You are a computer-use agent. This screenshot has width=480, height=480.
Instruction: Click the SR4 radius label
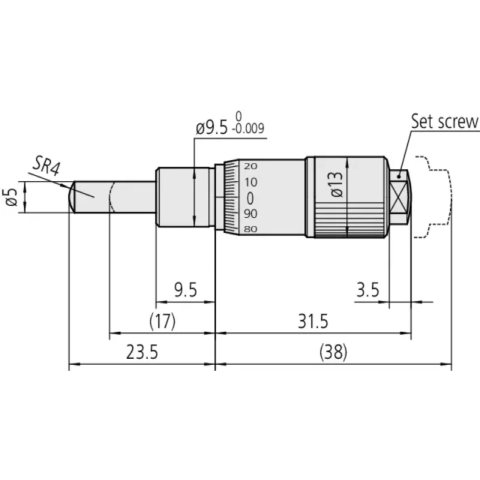click(47, 166)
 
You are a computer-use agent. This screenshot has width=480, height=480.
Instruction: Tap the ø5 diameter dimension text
click(11, 197)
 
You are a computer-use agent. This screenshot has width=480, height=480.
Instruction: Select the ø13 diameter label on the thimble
click(337, 184)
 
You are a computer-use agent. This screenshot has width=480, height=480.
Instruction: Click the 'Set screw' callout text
click(445, 121)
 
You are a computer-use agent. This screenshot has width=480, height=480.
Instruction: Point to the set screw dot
click(398, 176)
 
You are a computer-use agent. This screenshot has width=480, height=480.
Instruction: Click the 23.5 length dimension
click(142, 352)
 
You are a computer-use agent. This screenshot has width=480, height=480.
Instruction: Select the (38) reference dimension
click(334, 352)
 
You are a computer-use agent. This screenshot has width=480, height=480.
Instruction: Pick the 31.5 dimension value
click(313, 321)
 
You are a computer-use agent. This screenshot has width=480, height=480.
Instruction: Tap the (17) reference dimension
click(163, 321)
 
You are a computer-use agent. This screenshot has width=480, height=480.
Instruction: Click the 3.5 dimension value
click(368, 290)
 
